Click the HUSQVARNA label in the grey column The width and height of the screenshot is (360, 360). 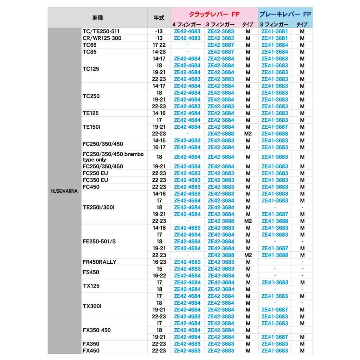pos(64,193)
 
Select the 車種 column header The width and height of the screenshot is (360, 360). pos(98,18)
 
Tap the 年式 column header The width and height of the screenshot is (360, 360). pos(159,18)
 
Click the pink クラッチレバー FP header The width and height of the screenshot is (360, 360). pos(214,14)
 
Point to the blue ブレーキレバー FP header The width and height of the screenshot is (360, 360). pos(285,14)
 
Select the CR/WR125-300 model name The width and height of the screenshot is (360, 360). pos(102,38)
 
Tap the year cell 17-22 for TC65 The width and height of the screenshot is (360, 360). pos(159,45)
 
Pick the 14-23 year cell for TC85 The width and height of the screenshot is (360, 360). pos(159,52)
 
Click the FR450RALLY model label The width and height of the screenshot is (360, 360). pos(99,262)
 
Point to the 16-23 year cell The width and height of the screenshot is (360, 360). pos(159,262)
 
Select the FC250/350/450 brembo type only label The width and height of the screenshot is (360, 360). pos(113,157)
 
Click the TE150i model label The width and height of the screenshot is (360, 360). pos(91,127)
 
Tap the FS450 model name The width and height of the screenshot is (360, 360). pos(91,272)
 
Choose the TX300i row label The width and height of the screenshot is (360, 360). pos(92,306)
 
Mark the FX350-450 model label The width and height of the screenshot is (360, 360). pos(96,330)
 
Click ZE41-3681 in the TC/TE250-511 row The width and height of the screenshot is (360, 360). pos(275,31)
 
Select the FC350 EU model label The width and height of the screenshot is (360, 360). pos(95,180)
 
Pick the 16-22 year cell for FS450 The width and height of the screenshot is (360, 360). pos(159,276)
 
